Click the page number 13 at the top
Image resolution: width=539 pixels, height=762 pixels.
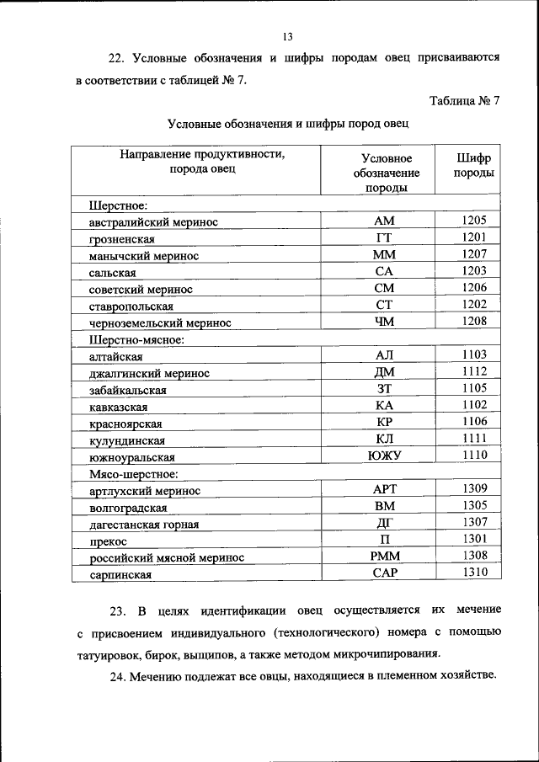pyautogui.click(x=287, y=37)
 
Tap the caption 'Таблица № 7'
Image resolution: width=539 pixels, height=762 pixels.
pyautogui.click(x=464, y=101)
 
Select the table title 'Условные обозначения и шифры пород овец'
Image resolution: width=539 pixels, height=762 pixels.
pyautogui.click(x=288, y=125)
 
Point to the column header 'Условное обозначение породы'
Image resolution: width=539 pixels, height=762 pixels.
pyautogui.click(x=386, y=173)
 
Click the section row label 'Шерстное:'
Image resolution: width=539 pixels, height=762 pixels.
pyautogui.click(x=119, y=205)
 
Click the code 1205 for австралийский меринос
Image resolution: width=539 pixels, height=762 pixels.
pyautogui.click(x=474, y=221)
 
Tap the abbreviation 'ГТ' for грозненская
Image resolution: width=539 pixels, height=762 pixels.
pyautogui.click(x=384, y=237)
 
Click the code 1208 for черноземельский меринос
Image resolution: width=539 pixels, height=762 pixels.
pyautogui.click(x=474, y=321)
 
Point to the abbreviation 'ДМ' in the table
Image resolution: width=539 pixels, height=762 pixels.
pyautogui.click(x=384, y=372)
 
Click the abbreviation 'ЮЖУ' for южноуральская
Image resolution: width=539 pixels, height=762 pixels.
pyautogui.click(x=384, y=456)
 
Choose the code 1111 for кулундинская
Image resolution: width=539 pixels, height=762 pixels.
pyautogui.click(x=474, y=439)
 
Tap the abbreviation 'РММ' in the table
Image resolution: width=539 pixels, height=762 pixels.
pyautogui.click(x=384, y=557)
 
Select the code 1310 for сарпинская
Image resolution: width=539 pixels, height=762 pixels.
pyautogui.click(x=474, y=573)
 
